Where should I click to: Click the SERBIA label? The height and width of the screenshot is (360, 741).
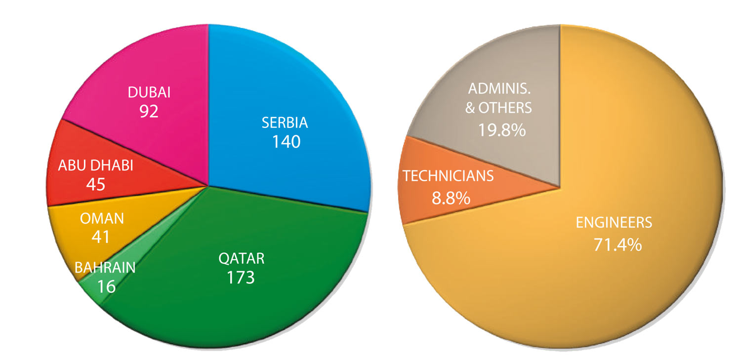[285, 122]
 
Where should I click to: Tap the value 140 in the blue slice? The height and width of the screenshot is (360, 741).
[286, 142]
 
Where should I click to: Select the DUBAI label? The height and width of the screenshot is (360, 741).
[149, 92]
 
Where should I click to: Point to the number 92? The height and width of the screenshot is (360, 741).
[149, 111]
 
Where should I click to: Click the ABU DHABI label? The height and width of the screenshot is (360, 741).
[96, 165]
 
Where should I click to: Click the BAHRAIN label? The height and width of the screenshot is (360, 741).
[105, 268]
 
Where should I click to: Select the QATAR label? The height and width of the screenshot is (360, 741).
[241, 258]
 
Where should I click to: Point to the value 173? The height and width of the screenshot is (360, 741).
[241, 277]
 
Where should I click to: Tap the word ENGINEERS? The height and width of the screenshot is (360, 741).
[614, 223]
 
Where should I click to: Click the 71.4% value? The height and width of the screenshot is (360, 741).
[617, 244]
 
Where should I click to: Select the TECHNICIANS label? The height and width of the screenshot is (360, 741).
[448, 176]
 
